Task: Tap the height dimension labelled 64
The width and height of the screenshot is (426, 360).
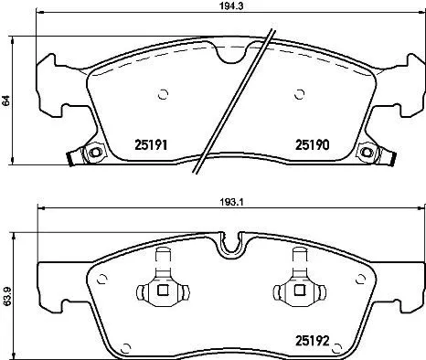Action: (x=7, y=101)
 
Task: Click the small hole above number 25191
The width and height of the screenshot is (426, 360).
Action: (x=163, y=92)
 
